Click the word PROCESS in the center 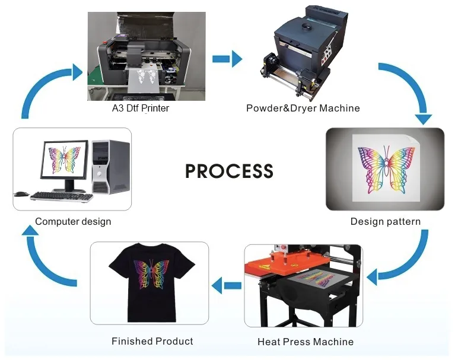229,171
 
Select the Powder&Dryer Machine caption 303,108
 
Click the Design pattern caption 385,221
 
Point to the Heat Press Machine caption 306,342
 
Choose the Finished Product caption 152,341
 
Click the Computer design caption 73,221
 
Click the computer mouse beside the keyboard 21,193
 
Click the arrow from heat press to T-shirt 227,286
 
